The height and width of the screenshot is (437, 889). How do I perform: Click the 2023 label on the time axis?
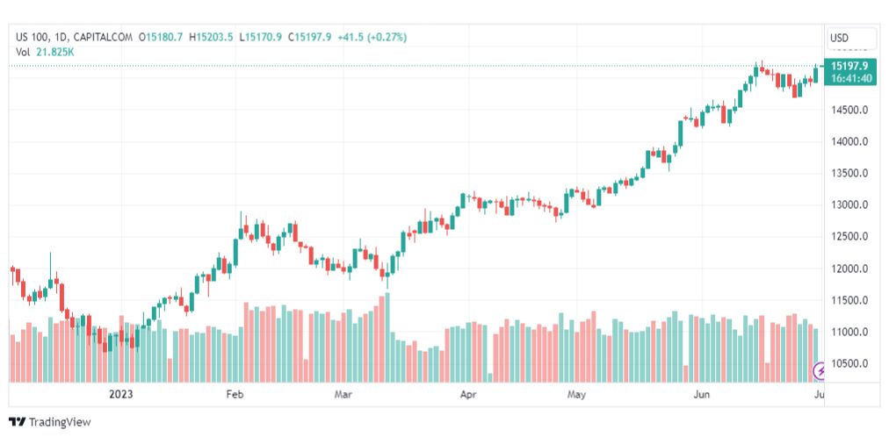click(x=121, y=395)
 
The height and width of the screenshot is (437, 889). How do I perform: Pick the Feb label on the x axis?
click(x=235, y=395)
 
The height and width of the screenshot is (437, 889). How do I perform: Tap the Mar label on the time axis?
click(x=343, y=395)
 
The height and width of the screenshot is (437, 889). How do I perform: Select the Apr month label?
click(x=468, y=395)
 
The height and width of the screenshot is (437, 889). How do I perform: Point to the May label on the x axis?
click(x=576, y=395)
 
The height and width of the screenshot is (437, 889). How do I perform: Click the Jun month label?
click(x=702, y=395)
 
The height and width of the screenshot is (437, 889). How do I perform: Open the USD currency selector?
click(x=851, y=38)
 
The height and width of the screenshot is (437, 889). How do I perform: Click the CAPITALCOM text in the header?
click(x=104, y=38)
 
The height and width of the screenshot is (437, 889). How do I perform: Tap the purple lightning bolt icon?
click(x=820, y=371)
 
